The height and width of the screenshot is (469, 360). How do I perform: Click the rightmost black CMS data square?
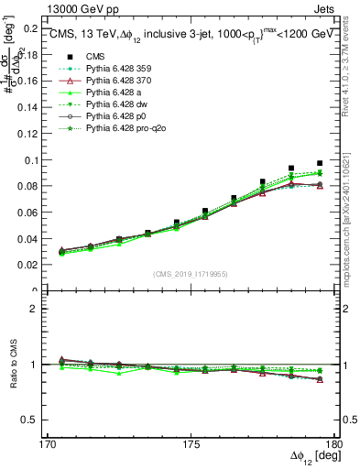tap(320, 163)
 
